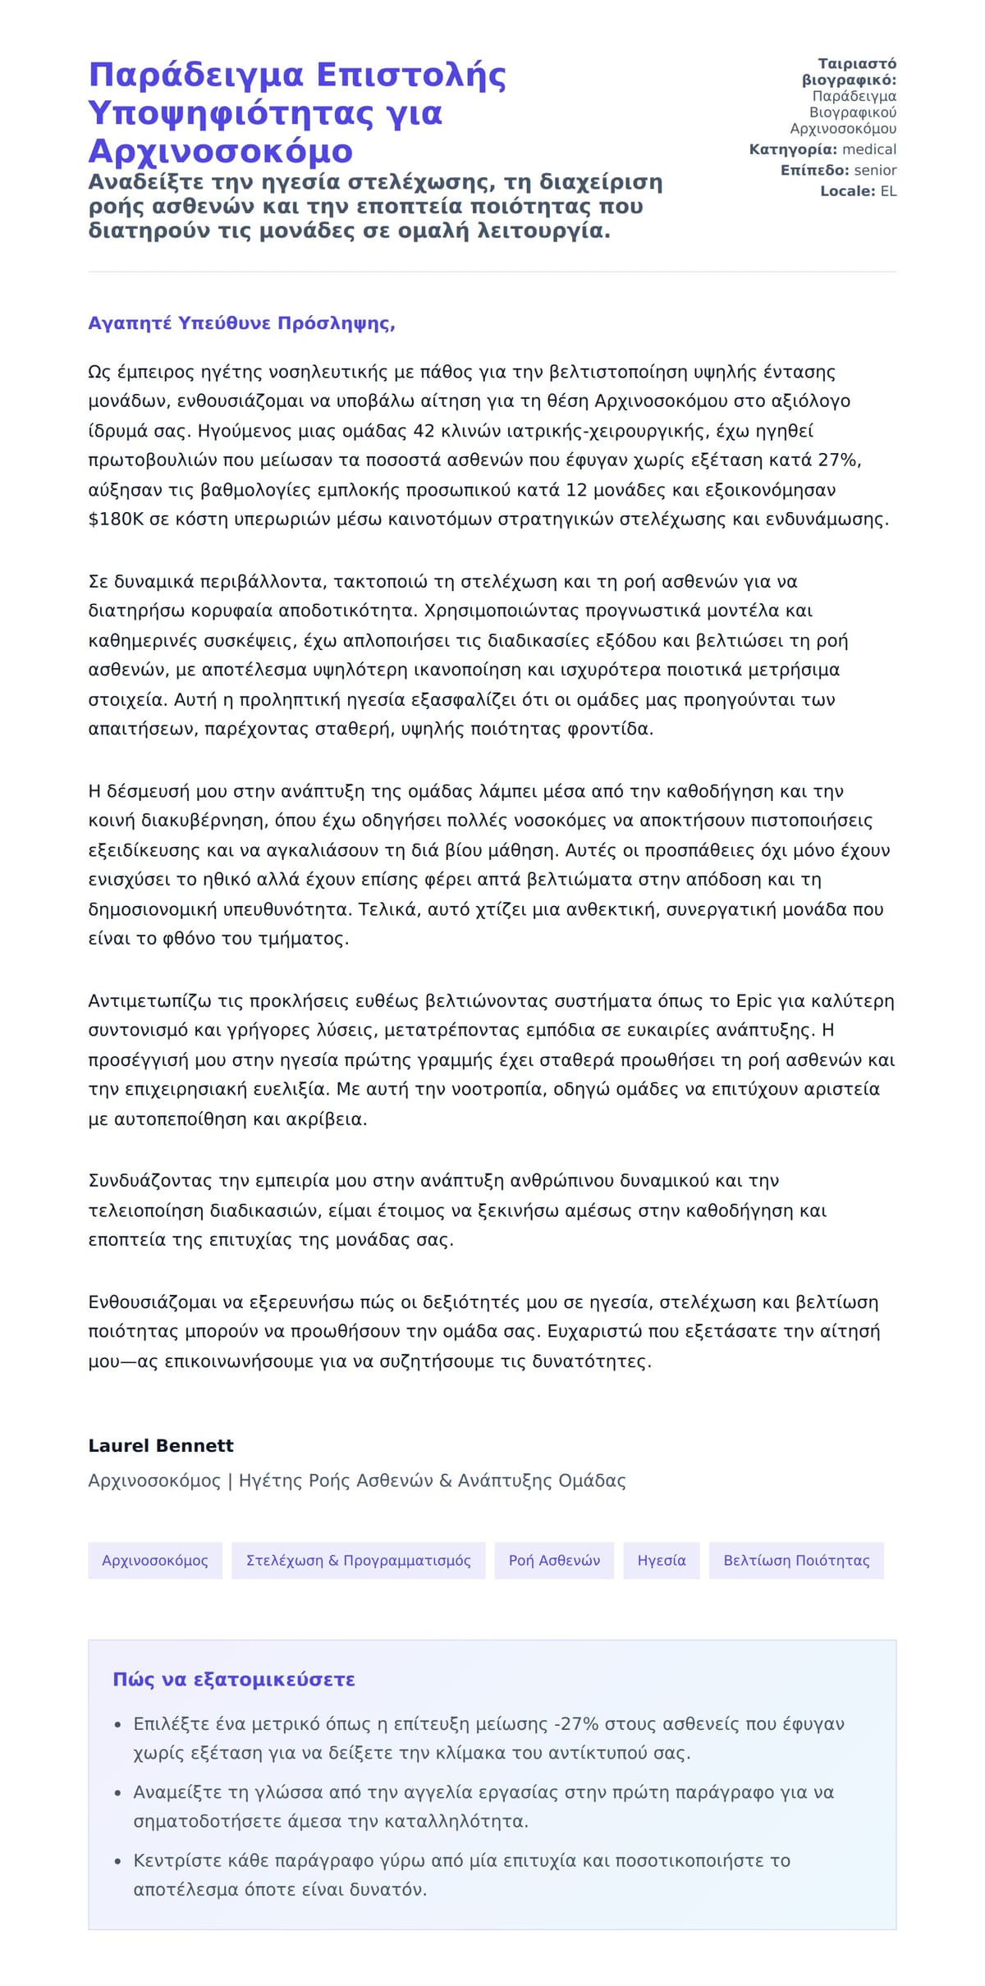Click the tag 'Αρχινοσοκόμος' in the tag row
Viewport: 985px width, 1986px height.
tap(155, 1560)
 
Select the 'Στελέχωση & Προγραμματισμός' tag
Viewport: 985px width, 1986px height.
tap(359, 1560)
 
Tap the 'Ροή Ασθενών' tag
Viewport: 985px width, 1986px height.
tap(554, 1560)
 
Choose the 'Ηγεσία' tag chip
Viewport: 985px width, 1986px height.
tap(662, 1560)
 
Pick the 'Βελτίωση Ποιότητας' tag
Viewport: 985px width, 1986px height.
tap(796, 1560)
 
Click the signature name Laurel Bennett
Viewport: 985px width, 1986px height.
tap(161, 1445)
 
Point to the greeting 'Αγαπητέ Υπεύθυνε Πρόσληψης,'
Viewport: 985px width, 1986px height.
tap(241, 323)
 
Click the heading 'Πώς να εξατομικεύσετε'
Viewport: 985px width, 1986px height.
tap(234, 1679)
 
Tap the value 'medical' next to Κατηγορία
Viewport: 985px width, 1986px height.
tap(869, 149)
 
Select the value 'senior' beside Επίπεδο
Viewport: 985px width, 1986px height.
tap(875, 170)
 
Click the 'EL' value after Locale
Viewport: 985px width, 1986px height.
tap(888, 191)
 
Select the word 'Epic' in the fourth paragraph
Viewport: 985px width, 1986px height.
tap(754, 1001)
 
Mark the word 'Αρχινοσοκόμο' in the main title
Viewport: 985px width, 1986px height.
tap(220, 151)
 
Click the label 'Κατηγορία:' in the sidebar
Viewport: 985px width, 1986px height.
tap(793, 149)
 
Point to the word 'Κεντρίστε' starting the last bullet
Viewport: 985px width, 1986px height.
tap(172, 1860)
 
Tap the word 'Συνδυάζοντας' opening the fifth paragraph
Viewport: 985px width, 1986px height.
tap(151, 1181)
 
